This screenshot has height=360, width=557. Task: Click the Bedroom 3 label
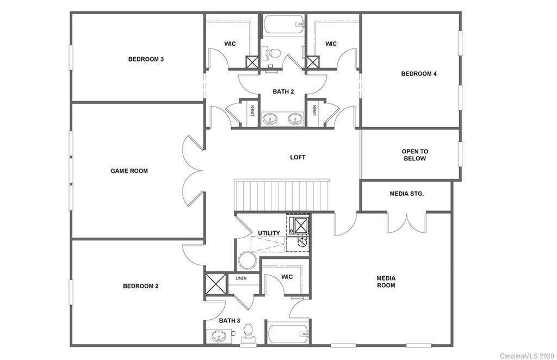[146, 59]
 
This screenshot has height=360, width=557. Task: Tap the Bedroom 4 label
[419, 74]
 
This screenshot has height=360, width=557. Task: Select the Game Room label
[129, 171]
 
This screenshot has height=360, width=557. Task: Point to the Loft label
[298, 157]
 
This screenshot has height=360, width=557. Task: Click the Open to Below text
[414, 155]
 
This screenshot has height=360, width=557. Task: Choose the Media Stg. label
[406, 194]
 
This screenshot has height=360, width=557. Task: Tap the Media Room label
[386, 282]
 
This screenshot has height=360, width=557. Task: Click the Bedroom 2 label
[140, 286]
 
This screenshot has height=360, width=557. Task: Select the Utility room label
[269, 233]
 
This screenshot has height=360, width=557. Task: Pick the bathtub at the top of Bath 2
[283, 24]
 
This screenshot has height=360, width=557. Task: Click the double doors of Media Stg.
[406, 223]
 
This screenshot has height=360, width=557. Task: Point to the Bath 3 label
[230, 321]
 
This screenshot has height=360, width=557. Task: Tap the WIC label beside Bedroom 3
[230, 44]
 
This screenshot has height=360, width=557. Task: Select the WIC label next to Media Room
[287, 277]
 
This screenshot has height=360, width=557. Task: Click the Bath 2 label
[283, 91]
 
